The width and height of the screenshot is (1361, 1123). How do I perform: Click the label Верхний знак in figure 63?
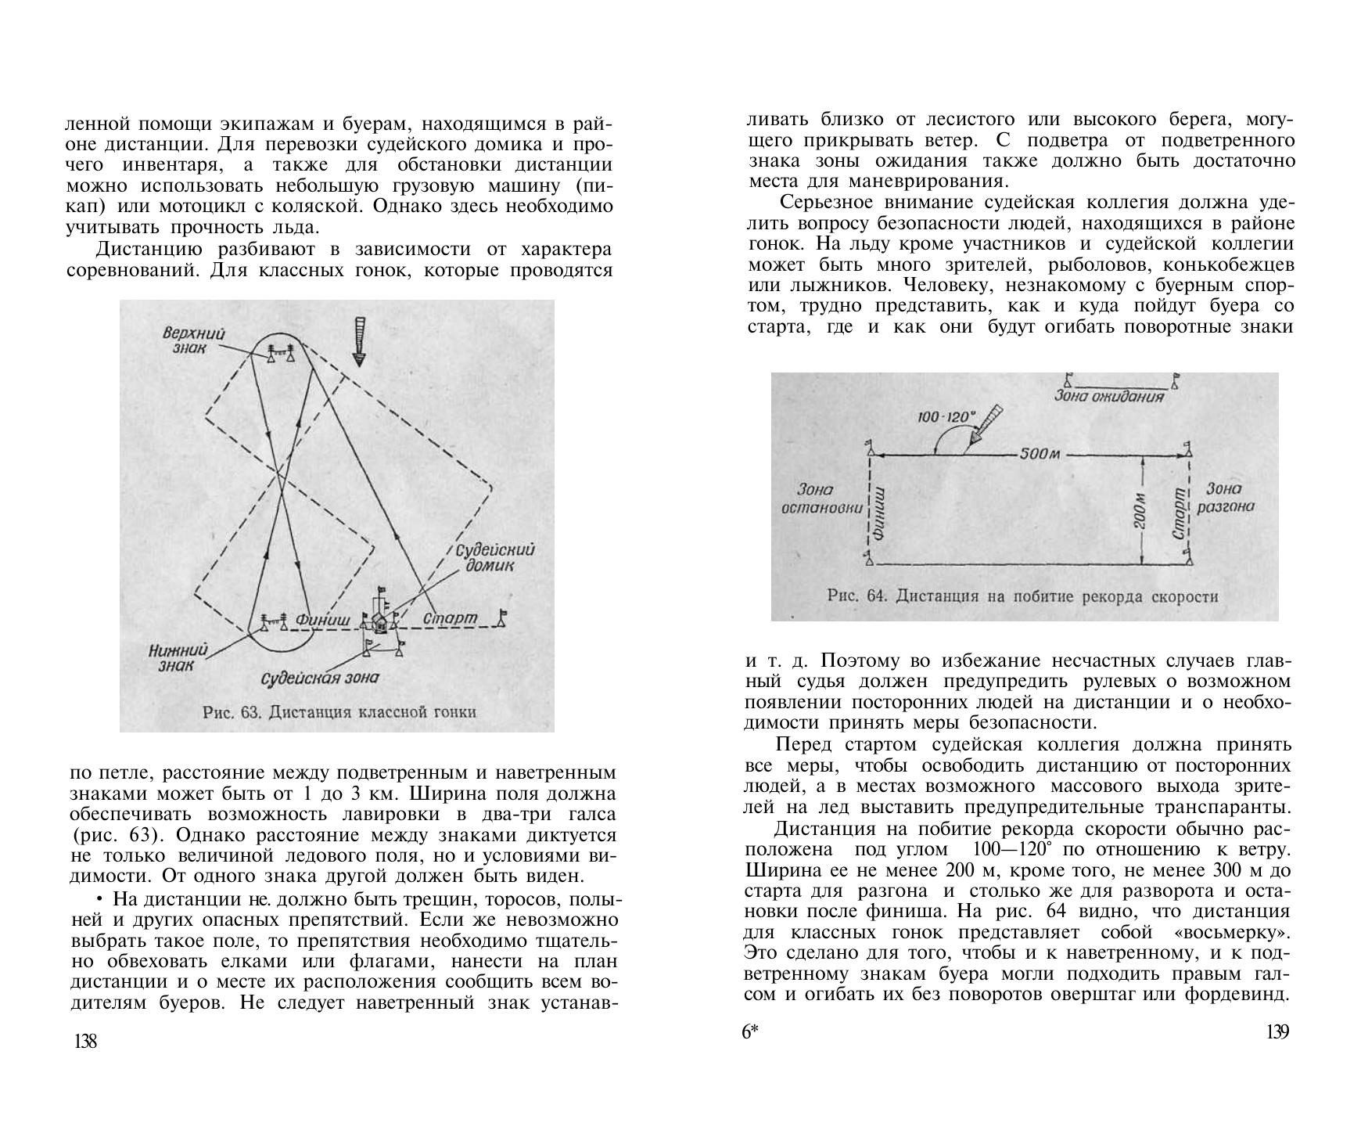[193, 340]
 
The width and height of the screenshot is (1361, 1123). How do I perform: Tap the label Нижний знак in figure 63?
[178, 657]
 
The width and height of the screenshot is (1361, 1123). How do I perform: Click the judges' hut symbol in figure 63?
[380, 621]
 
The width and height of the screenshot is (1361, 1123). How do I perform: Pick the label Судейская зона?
[319, 677]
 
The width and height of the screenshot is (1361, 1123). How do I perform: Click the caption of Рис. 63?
[339, 712]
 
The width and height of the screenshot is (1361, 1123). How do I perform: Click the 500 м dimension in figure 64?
[1040, 455]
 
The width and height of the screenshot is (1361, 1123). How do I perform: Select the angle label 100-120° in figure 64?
[946, 417]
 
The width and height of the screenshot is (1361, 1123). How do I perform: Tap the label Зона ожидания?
[1109, 396]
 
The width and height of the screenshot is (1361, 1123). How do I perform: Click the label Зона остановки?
[821, 499]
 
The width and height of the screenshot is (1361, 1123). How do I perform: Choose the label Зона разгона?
[1225, 498]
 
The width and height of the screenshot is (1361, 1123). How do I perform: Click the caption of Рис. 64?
[1022, 596]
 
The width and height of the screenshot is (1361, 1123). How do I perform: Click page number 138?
[85, 1041]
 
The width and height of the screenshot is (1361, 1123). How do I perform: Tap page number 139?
[1277, 1032]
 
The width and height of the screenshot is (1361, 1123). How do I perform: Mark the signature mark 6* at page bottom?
[750, 1032]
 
